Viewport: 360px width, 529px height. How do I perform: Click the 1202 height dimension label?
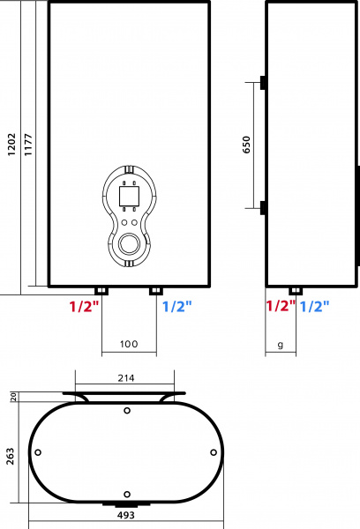11,145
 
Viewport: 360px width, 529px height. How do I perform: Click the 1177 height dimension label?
28,145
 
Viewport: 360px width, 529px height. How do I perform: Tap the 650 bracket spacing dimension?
247,145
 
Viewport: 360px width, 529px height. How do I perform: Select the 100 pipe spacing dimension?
129,344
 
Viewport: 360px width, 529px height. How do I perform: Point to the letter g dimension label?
281,345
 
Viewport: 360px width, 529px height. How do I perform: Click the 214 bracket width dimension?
126,378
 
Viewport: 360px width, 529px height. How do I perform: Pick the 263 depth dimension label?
11,457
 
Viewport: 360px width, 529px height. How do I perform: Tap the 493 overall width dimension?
126,515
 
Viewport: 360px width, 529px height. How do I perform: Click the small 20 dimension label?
13,397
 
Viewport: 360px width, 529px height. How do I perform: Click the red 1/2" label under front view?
84,307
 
